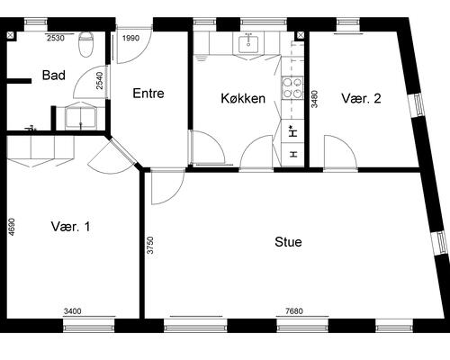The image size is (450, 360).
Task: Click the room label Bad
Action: click(54, 75)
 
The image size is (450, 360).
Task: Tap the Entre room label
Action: click(148, 94)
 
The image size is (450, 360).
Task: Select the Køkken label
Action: click(243, 98)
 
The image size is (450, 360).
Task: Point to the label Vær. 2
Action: click(361, 98)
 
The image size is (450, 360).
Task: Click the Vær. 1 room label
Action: click(70, 226)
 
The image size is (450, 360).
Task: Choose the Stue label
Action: click(288, 242)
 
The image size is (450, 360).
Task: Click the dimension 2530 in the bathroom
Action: click(56, 38)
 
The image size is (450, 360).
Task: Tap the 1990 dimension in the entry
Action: click(131, 38)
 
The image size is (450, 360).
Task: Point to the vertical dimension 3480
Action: click(314, 99)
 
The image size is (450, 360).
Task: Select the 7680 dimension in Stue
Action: click(294, 311)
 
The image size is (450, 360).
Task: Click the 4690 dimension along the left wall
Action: click(11, 227)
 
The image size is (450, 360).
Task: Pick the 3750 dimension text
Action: click(150, 245)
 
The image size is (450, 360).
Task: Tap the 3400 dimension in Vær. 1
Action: click(72, 311)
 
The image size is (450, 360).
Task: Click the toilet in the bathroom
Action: click(86, 44)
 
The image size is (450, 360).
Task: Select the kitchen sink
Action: click(248, 44)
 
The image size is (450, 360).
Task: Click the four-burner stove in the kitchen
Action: click(292, 87)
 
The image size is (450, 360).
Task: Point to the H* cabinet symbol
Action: click(293, 131)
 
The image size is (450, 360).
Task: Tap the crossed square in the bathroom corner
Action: click(10, 35)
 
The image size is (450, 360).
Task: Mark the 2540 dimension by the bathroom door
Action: click(100, 80)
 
